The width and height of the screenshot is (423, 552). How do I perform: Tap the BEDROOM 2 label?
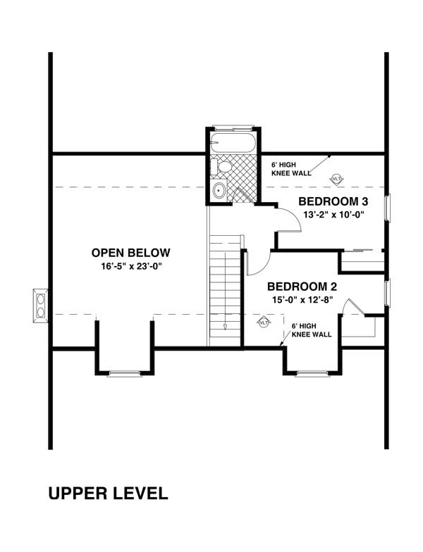pyautogui.click(x=302, y=287)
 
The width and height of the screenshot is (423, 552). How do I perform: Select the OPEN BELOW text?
pyautogui.click(x=130, y=253)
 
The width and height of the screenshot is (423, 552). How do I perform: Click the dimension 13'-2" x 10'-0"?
pyautogui.click(x=333, y=215)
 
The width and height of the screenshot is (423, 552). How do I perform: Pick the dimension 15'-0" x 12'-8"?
pyautogui.click(x=302, y=300)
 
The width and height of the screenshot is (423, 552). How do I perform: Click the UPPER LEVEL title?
pyautogui.click(x=108, y=493)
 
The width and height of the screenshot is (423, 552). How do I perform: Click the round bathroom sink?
pyautogui.click(x=219, y=190)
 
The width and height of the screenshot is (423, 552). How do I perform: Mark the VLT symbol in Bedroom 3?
pyautogui.click(x=337, y=179)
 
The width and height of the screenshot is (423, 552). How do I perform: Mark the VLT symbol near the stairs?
pyautogui.click(x=264, y=322)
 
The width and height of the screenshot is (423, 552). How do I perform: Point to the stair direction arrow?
pyautogui.click(x=225, y=325)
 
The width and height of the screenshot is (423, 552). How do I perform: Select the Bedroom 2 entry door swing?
pyautogui.click(x=257, y=264)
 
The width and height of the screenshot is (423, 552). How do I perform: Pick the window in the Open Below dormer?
pyautogui.click(x=125, y=373)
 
